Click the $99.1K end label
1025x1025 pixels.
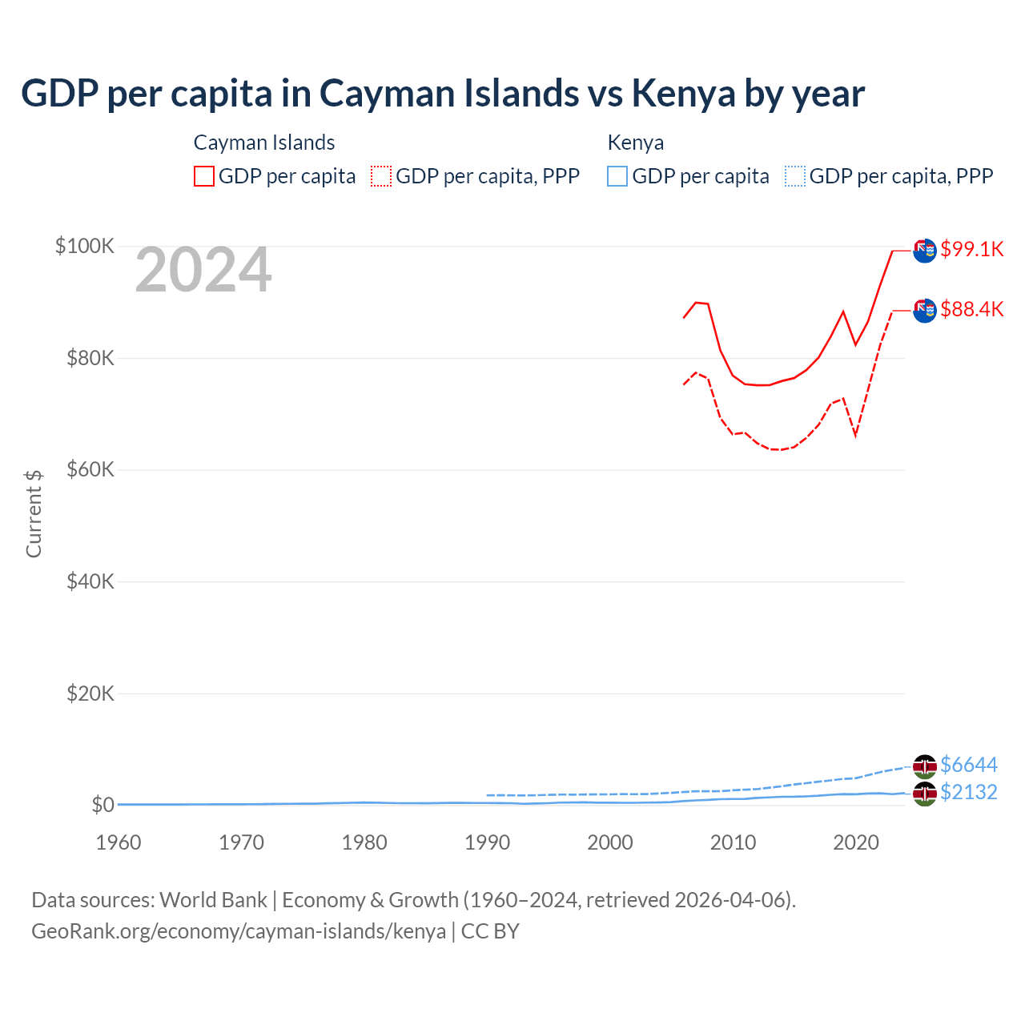(x=971, y=249)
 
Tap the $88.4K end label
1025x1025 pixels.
(x=971, y=309)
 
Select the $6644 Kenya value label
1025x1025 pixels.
(x=968, y=765)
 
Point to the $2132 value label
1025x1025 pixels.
(x=968, y=792)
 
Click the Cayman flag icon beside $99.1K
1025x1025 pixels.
(x=925, y=250)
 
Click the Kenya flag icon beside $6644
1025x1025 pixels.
(x=925, y=766)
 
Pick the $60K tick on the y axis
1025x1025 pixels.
(x=90, y=469)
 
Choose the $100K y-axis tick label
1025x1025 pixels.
(x=85, y=246)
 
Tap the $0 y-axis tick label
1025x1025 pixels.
(x=102, y=805)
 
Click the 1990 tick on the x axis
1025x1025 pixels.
(x=487, y=842)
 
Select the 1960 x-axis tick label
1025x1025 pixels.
(x=119, y=842)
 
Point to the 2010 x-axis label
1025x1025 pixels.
(x=733, y=842)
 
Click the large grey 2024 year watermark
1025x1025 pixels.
(x=203, y=271)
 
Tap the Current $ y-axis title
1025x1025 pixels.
(x=34, y=514)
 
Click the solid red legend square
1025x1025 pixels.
(x=204, y=176)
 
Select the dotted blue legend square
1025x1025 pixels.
(x=795, y=176)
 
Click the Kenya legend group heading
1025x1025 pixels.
(x=635, y=143)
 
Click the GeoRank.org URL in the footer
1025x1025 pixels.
(x=239, y=931)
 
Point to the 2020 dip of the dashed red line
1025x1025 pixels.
(x=855, y=435)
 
